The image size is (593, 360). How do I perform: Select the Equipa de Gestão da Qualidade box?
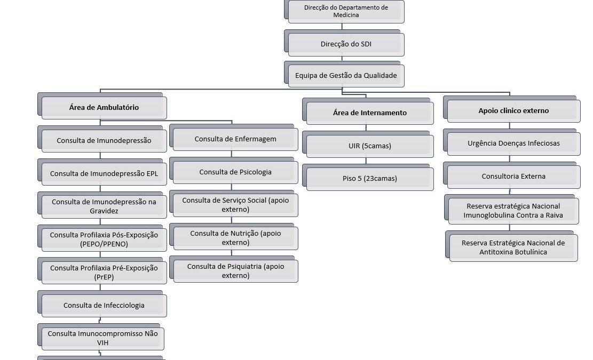point(346,76)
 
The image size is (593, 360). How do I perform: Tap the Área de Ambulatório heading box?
point(104,108)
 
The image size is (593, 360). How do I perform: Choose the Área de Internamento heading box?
point(370,113)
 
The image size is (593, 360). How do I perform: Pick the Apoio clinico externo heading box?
point(513,111)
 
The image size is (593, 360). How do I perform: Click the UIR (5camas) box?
point(370,146)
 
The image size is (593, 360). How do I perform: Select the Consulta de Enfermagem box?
point(235,139)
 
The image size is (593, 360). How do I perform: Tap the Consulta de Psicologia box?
point(235,172)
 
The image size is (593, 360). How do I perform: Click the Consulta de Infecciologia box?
point(104,306)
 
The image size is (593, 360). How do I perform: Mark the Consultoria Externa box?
point(513,177)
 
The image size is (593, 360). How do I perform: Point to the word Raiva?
point(555,215)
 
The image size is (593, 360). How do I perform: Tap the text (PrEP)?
point(104,277)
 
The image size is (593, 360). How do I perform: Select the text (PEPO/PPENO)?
point(104,244)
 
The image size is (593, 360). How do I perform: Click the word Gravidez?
point(104,211)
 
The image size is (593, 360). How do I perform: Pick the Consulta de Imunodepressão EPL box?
point(104,174)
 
